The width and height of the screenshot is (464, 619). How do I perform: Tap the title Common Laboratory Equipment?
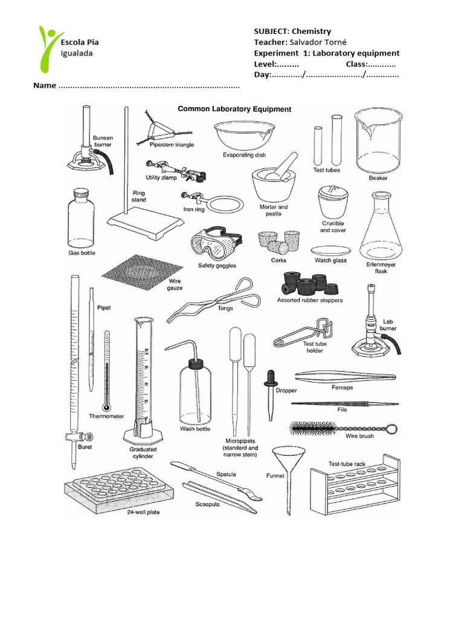234,109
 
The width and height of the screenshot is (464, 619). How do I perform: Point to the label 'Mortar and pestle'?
274,210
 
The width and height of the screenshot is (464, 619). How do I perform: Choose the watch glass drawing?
330,250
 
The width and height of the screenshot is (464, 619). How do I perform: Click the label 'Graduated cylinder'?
143,453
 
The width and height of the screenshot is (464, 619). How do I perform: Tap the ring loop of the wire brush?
392,429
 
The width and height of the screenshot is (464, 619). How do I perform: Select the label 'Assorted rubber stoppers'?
310,300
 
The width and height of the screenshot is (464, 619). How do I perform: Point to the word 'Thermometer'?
106,416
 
